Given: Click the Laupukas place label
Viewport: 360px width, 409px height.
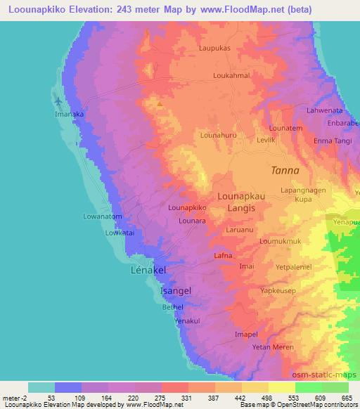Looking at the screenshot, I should tap(214, 49).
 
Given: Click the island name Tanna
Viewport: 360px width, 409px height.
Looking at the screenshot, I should tap(285, 171).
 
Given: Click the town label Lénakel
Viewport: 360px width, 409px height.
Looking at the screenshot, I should tap(148, 270).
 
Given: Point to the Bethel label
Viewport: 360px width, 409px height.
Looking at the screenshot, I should tap(172, 307).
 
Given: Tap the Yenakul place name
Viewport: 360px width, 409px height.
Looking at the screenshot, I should tap(188, 320).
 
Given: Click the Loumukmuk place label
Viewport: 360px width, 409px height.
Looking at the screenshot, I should tap(280, 241).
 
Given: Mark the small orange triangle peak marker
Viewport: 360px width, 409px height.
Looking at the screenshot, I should tap(160, 105).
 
